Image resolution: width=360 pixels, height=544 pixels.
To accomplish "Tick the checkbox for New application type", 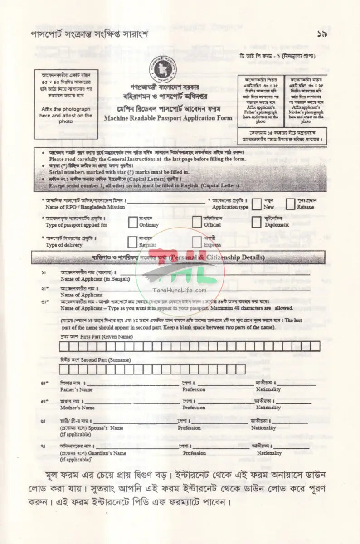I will point(257,204).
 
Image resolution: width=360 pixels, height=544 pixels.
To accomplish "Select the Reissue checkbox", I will point(291,204).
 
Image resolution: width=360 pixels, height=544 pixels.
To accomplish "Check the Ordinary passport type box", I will point(133,222).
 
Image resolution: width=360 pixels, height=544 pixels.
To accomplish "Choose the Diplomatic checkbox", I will point(257,222).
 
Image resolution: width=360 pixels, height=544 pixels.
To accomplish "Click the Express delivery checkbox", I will point(197,242).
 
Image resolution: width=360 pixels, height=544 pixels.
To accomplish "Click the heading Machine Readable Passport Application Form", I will point(168,118).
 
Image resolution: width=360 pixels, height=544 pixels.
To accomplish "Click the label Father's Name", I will point(77,389).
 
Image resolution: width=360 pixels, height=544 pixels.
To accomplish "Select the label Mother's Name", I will point(78,408).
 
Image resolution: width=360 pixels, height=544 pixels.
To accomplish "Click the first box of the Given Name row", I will point(64,347).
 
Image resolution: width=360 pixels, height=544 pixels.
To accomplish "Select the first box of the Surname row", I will point(64,369).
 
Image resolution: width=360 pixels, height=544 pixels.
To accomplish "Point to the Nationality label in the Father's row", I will point(268,389).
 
